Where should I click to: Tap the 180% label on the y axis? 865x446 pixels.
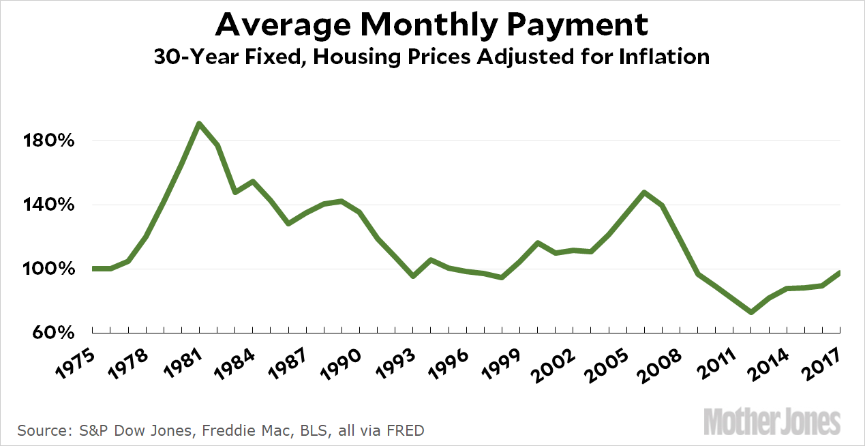[44, 141]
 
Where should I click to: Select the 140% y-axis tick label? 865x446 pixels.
[44, 205]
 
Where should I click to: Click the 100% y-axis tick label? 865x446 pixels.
[44, 269]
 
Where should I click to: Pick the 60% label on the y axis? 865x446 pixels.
[49, 333]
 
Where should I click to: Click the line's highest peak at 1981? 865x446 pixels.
[198, 123]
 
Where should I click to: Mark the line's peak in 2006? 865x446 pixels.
[644, 192]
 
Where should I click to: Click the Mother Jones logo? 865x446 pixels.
[772, 421]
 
